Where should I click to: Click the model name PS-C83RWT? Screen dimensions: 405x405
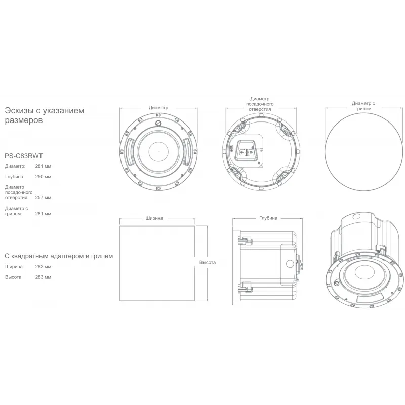(24, 156)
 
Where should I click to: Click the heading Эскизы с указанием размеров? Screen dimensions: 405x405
(45, 115)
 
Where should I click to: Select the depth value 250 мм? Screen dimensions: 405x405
(43, 177)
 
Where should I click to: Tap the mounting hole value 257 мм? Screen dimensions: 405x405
(43, 198)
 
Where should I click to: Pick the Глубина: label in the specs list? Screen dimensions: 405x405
(15, 177)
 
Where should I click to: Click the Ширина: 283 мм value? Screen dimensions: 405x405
(43, 267)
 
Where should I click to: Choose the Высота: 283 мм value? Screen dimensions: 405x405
(43, 277)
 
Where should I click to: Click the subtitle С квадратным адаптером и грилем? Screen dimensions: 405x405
(59, 256)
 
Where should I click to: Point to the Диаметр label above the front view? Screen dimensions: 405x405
(158, 108)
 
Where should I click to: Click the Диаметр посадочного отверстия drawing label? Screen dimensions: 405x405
(260, 104)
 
